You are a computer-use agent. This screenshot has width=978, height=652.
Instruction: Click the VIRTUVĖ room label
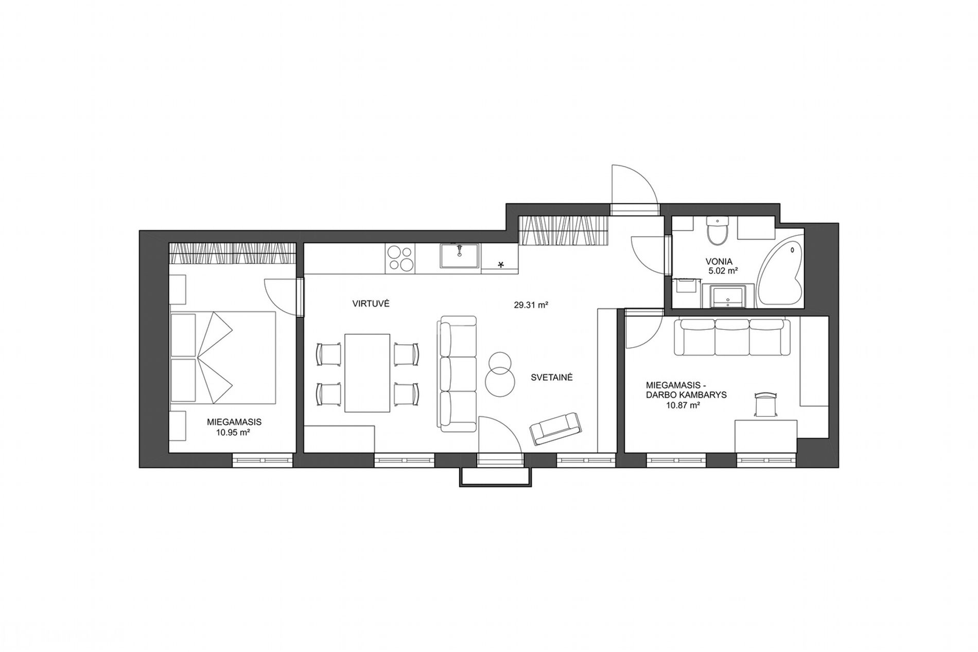coord(371,304)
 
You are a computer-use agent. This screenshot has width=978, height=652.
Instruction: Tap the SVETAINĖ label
coord(552,377)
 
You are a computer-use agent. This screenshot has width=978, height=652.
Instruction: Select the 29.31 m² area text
coord(530,305)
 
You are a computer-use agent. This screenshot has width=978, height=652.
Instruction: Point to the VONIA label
coord(719,261)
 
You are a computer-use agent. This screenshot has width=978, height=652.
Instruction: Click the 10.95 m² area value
coord(234,433)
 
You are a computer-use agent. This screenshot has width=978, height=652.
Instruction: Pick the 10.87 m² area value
coord(683,406)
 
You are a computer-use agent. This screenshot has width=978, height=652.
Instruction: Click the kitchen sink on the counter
coord(459,257)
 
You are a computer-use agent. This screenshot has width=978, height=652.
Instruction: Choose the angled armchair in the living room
coord(555,428)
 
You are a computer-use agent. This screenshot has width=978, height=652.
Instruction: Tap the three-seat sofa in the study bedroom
coord(732,337)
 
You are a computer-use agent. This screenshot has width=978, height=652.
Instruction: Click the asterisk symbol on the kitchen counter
coord(501,265)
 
